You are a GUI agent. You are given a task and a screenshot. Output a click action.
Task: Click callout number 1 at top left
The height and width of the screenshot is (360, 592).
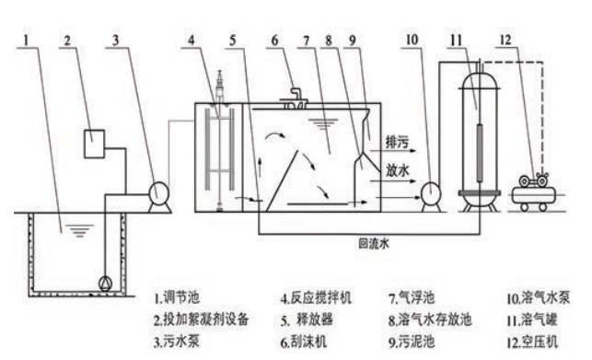tap(26, 40)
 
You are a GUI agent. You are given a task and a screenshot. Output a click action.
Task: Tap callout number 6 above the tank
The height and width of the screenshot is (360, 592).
tap(275, 40)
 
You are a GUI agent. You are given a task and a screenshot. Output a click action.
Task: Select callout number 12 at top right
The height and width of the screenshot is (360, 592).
tap(505, 40)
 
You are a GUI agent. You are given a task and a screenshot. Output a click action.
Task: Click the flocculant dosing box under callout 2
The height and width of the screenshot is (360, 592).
tap(94, 144)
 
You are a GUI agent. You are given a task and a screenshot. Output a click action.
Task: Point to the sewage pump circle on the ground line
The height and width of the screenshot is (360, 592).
tap(157, 192)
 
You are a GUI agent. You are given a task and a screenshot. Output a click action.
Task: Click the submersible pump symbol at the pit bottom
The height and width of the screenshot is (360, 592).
tap(105, 284)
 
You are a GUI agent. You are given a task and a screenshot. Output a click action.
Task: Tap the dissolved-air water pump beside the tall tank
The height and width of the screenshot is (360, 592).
tap(431, 193)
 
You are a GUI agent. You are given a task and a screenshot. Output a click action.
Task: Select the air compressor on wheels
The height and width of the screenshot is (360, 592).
tap(533, 192)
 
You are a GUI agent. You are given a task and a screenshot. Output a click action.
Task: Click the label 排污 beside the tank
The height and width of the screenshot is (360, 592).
tap(397, 142)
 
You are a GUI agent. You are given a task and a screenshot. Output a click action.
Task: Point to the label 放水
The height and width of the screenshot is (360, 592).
tap(397, 170)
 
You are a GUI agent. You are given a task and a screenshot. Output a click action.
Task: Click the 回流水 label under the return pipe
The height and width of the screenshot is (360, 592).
tap(374, 244)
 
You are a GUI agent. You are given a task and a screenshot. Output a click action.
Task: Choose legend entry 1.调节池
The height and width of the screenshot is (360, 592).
tap(177, 297)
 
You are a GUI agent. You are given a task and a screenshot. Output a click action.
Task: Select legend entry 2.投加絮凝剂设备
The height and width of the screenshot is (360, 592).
tap(201, 319)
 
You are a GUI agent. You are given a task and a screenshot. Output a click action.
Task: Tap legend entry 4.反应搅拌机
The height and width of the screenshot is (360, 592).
tap(316, 297)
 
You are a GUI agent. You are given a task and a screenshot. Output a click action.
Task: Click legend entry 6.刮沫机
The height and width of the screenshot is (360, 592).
tap(304, 342)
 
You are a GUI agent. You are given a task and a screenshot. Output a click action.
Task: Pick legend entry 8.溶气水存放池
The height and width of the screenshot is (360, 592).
tap(430, 319)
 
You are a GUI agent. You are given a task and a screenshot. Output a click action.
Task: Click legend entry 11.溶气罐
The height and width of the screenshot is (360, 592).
tap(531, 319)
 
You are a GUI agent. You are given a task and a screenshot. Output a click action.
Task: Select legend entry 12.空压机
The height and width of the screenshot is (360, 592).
tap(532, 342)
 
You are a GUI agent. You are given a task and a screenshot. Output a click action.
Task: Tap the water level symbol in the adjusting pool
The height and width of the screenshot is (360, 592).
tap(79, 230)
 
